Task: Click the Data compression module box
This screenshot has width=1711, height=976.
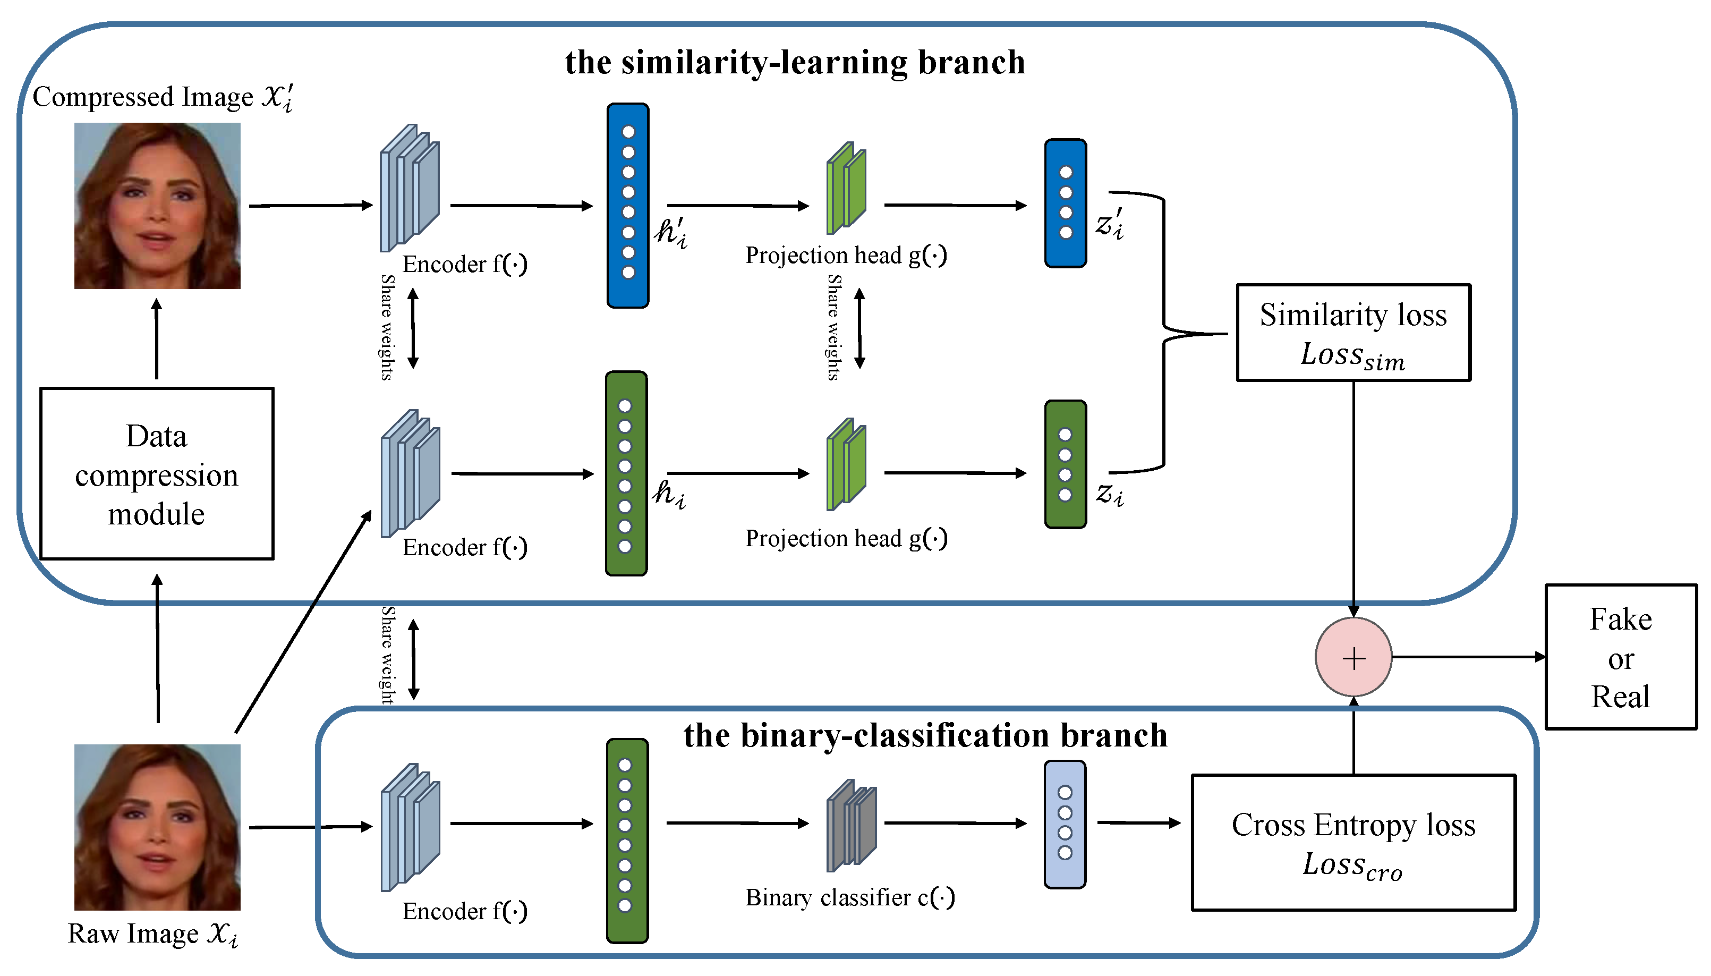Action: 157,473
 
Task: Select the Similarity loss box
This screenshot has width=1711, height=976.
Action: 1352,333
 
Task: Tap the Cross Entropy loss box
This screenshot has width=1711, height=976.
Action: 1352,842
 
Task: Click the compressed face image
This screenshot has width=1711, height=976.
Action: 157,206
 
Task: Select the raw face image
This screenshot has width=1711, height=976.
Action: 157,827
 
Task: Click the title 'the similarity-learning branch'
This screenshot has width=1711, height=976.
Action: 794,62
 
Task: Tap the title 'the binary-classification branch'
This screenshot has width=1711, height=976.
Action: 925,735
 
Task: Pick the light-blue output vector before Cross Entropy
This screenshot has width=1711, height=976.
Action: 1065,824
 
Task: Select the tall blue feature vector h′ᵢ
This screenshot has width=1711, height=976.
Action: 627,205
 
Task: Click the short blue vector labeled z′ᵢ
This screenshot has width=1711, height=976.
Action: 1065,203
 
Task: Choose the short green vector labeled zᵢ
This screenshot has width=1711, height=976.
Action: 1065,464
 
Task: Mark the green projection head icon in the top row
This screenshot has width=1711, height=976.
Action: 846,189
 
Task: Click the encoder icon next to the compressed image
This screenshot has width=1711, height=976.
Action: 410,189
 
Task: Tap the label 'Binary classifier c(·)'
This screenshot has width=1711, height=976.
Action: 850,897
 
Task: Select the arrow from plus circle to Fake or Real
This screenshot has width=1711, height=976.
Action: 1468,657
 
